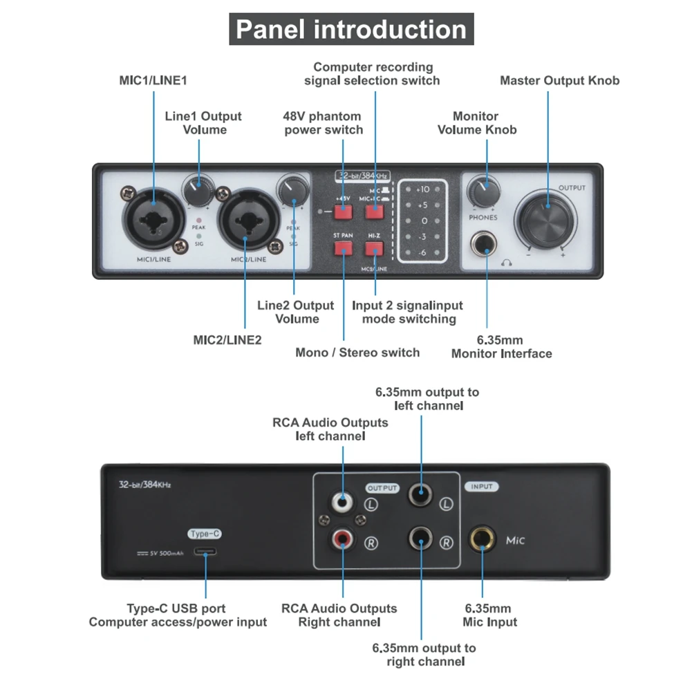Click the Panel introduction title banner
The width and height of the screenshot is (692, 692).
(x=351, y=30)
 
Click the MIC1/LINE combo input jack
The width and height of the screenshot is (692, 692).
(x=153, y=219)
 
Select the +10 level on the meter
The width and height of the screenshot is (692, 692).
(x=422, y=189)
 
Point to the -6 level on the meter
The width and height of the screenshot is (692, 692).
(x=422, y=254)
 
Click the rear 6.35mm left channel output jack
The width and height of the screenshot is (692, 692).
(x=420, y=496)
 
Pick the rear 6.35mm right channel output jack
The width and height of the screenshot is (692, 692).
(x=420, y=536)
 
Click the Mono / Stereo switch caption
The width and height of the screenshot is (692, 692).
(x=357, y=353)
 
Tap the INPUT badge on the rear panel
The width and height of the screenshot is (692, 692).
(x=482, y=487)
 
